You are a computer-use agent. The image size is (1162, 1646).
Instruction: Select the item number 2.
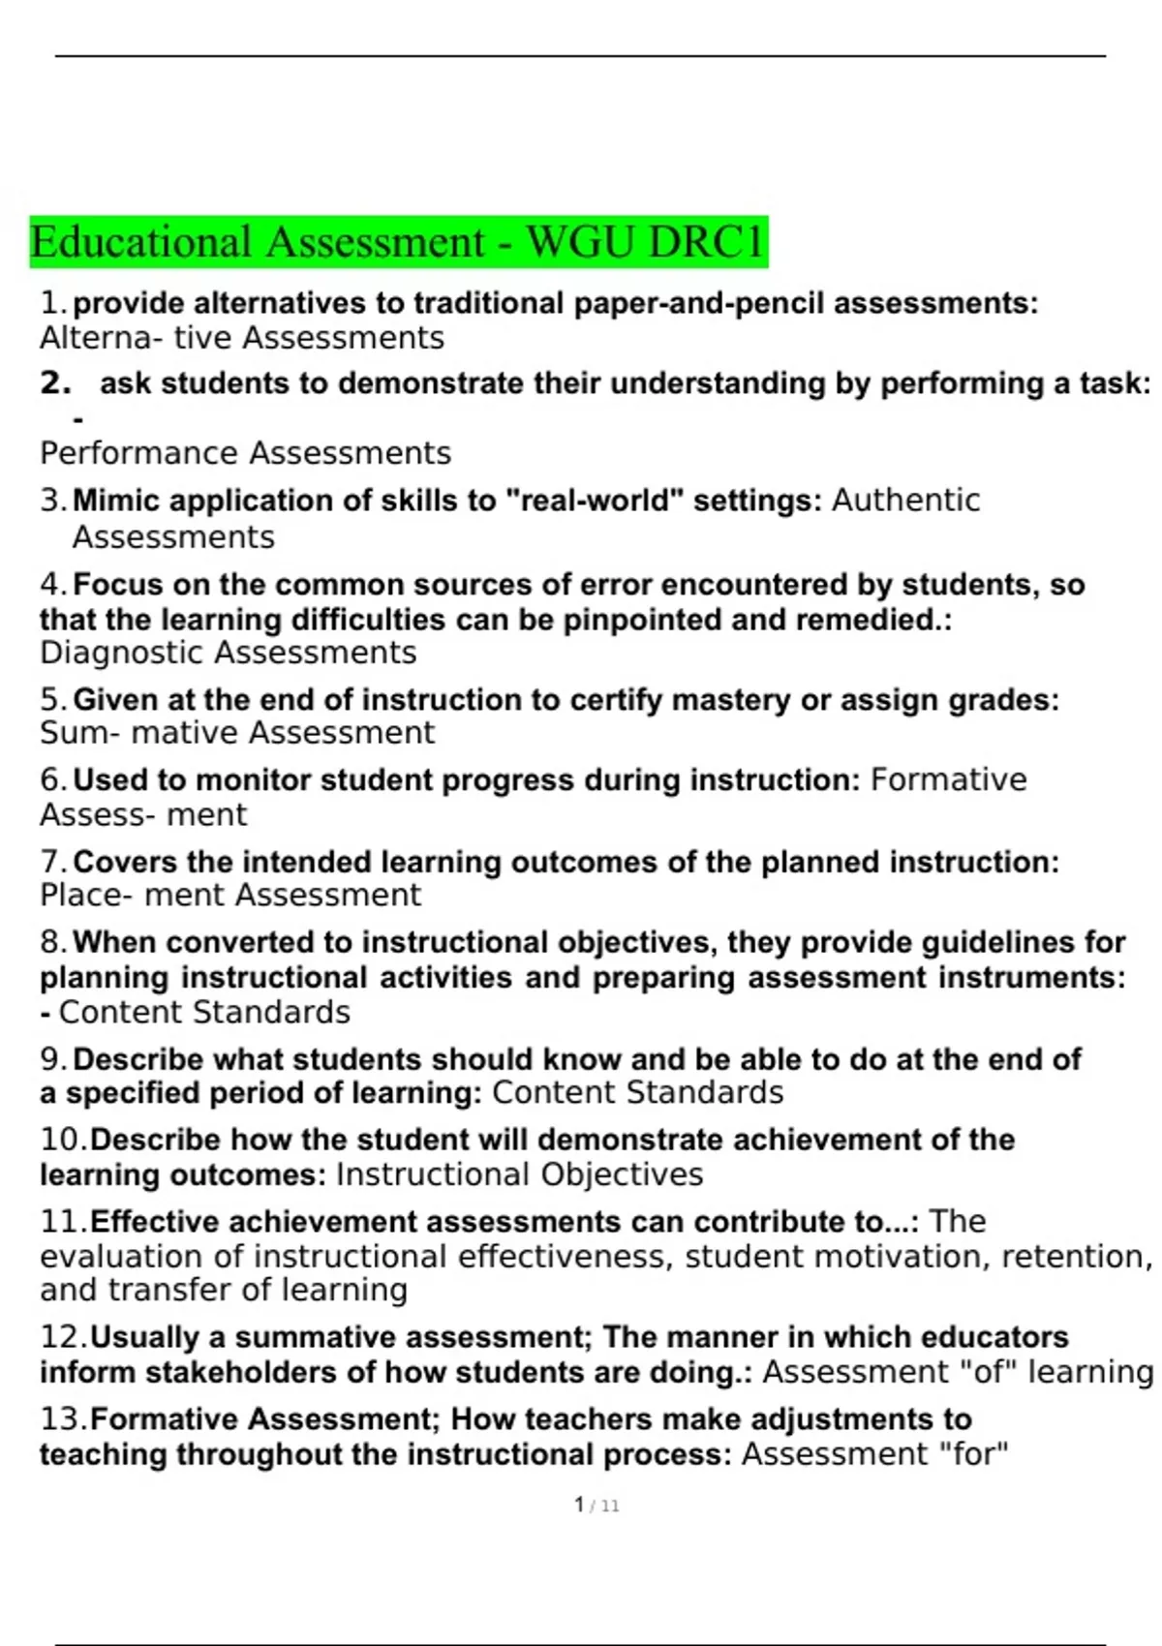click(x=55, y=383)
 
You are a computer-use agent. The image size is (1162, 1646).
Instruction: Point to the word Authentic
click(x=905, y=501)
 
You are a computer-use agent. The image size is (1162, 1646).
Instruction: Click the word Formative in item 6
click(x=948, y=780)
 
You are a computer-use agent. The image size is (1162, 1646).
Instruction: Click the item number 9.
click(x=53, y=1059)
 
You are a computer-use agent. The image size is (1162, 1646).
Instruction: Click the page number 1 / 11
click(x=596, y=1506)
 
